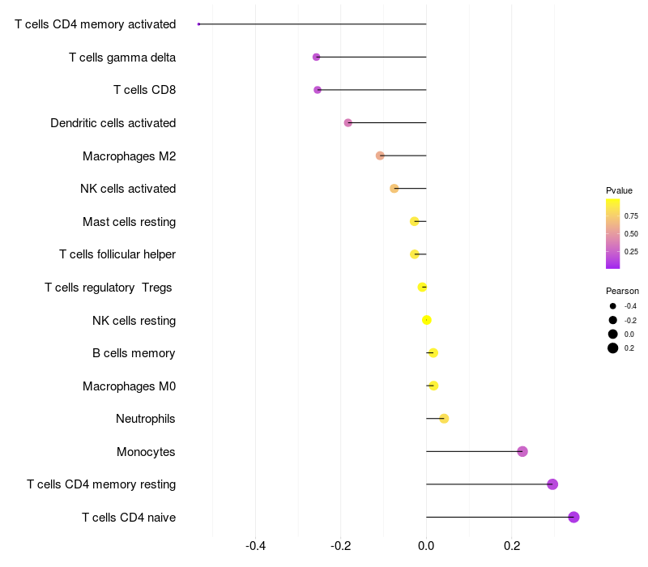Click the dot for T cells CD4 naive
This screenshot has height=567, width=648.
click(x=573, y=517)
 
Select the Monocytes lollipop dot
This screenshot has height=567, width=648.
click(x=522, y=451)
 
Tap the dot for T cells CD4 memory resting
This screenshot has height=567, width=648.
click(x=552, y=484)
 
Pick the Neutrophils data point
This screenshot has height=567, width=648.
click(x=444, y=419)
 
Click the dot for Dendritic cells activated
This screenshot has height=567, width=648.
click(x=348, y=123)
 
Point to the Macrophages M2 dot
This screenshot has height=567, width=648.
click(x=380, y=156)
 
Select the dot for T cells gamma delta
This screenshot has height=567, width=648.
click(x=317, y=57)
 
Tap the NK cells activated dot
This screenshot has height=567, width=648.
click(x=394, y=189)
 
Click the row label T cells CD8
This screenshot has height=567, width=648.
click(x=144, y=90)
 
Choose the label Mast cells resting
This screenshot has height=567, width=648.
click(x=129, y=222)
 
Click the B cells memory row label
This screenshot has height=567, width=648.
click(x=134, y=353)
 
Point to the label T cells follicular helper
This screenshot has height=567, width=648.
click(x=117, y=254)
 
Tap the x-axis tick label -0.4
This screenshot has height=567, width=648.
click(x=255, y=546)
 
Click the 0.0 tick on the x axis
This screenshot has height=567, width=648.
click(x=426, y=546)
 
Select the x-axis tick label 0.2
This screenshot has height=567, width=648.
click(x=512, y=546)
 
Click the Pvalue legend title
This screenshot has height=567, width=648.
click(x=619, y=190)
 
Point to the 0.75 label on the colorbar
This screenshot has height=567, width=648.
click(x=631, y=216)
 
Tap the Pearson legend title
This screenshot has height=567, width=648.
click(x=622, y=291)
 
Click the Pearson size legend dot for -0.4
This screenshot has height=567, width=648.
click(x=613, y=306)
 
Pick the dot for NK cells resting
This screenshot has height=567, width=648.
click(x=427, y=320)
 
